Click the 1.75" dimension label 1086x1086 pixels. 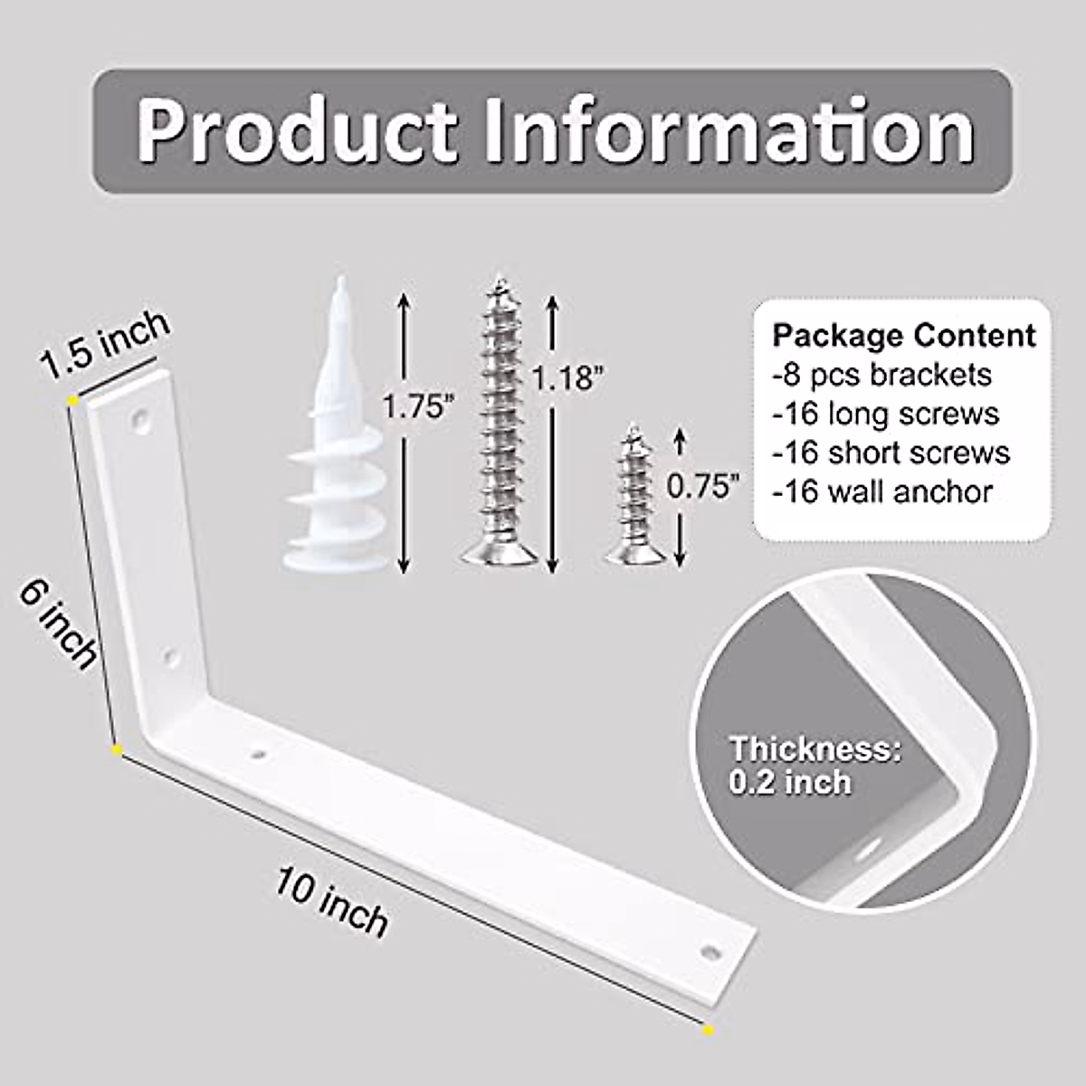(x=415, y=407)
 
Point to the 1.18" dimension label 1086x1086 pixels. (x=568, y=377)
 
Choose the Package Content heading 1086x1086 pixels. (x=903, y=336)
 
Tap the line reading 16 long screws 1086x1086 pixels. (x=886, y=414)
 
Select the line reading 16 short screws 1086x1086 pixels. (x=891, y=452)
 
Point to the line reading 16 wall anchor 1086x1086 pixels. (x=882, y=491)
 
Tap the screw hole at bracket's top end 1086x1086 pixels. (x=141, y=419)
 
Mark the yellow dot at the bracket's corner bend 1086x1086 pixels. (x=116, y=750)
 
